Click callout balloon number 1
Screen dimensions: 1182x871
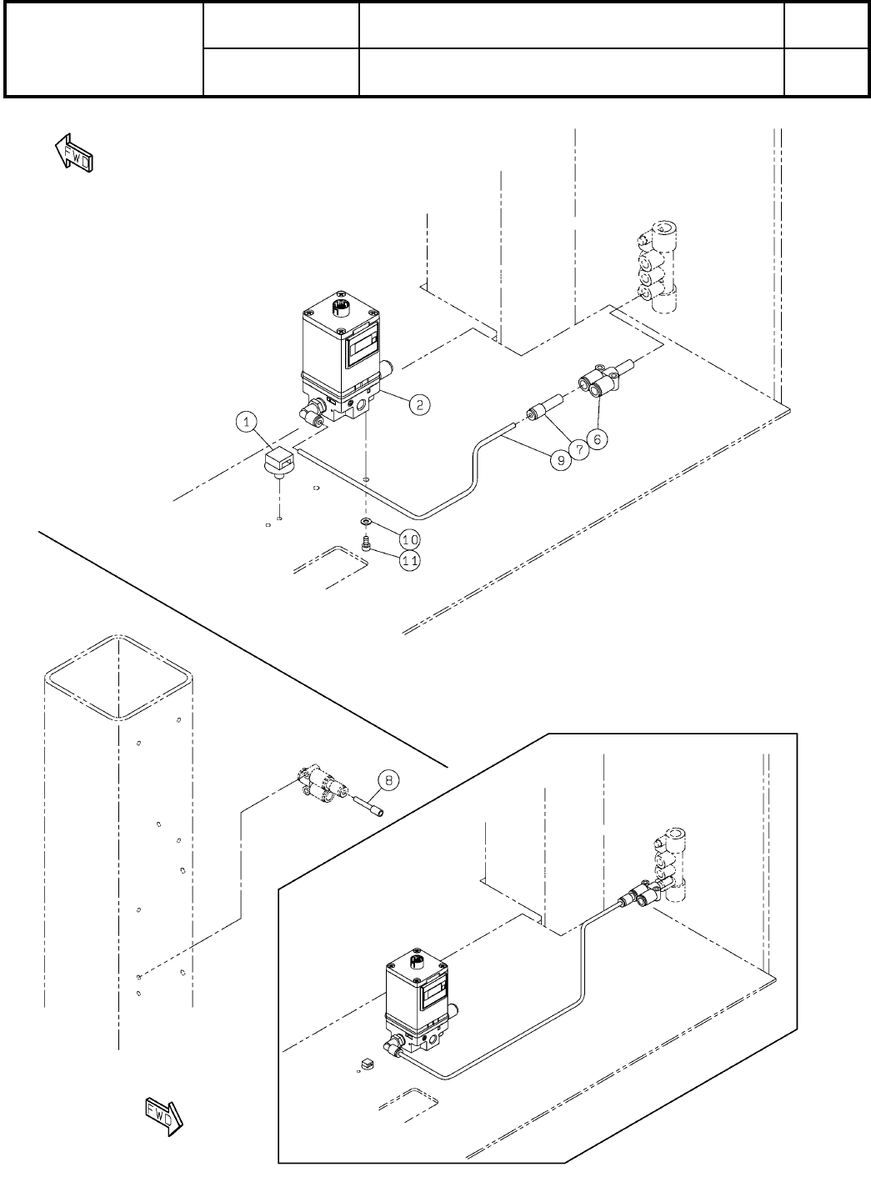pyautogui.click(x=247, y=423)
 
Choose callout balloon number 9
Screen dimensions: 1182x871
pyautogui.click(x=558, y=458)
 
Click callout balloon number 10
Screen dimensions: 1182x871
pyautogui.click(x=409, y=538)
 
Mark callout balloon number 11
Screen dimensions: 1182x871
pyautogui.click(x=409, y=560)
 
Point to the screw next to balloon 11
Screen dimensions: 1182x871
pyautogui.click(x=366, y=543)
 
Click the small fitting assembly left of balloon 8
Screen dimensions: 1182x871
pyautogui.click(x=325, y=785)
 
